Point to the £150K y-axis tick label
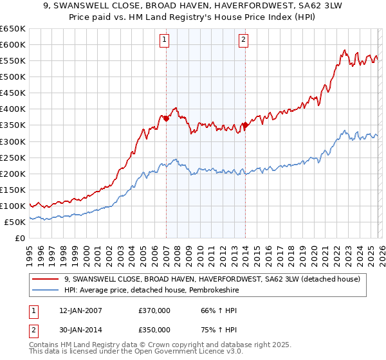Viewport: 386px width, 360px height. click(13, 190)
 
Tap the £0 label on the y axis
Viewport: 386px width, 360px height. click(20, 238)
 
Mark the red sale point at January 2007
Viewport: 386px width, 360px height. click(166, 118)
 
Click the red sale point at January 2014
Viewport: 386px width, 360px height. click(245, 125)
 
